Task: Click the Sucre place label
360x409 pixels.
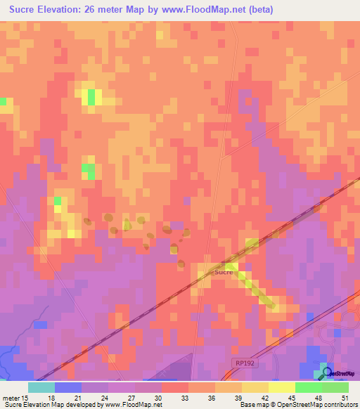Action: coord(223,271)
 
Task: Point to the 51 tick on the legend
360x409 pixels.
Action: coord(344,397)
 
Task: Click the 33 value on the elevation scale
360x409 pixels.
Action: coord(166,397)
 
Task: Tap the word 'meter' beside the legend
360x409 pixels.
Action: coord(12,397)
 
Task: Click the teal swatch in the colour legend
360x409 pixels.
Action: coord(41,387)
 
